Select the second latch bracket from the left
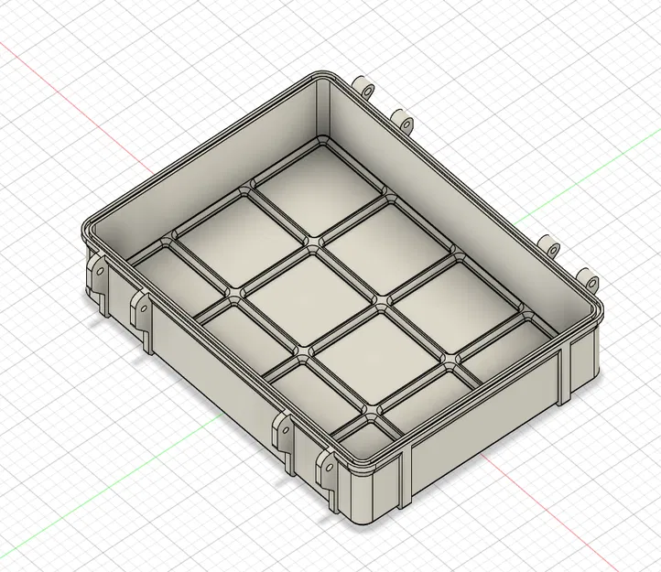[142, 311]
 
